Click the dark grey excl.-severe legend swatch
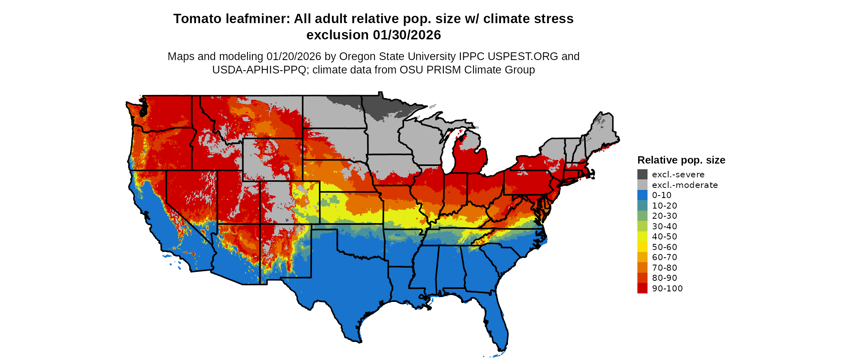pyautogui.click(x=642, y=175)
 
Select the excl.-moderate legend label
pyautogui.click(x=685, y=185)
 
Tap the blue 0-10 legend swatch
pyautogui.click(x=642, y=195)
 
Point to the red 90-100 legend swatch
pyautogui.click(x=642, y=289)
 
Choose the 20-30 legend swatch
pyautogui.click(x=642, y=216)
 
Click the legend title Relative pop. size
pyautogui.click(x=681, y=160)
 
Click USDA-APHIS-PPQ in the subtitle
pyautogui.click(x=259, y=70)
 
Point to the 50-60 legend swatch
pyautogui.click(x=642, y=247)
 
